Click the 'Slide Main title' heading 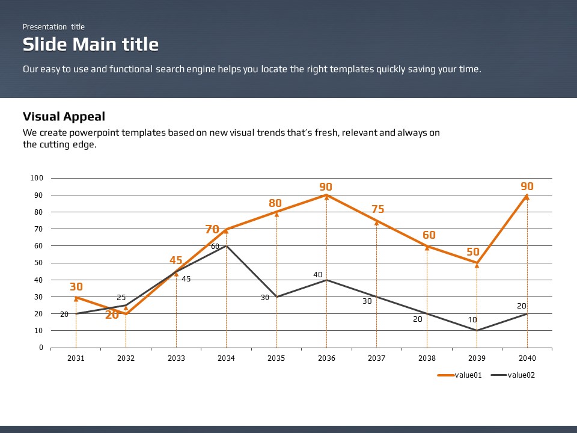[x=91, y=45]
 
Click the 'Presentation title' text [x=53, y=26]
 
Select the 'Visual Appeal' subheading [x=64, y=117]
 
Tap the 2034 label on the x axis [x=226, y=358]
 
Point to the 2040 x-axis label [x=527, y=358]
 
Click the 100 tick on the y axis [x=37, y=178]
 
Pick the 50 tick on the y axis [x=38, y=263]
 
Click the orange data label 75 [x=378, y=209]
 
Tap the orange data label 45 [x=176, y=260]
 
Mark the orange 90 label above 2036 [x=326, y=187]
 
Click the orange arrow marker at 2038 [x=427, y=247]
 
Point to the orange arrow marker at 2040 [x=527, y=196]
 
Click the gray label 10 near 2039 [x=473, y=320]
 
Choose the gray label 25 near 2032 [x=121, y=298]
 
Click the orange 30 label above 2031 [x=76, y=287]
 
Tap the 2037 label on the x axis [x=377, y=358]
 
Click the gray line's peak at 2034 [x=227, y=246]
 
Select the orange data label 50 [x=473, y=252]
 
